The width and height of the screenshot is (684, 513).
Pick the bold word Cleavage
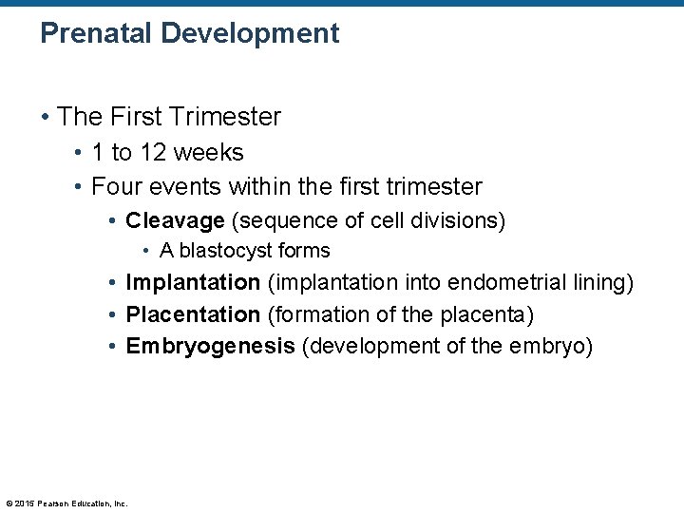point(175,221)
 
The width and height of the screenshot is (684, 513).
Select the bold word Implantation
point(193,282)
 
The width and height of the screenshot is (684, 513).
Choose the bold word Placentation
point(193,313)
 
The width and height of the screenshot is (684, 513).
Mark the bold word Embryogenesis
point(211,346)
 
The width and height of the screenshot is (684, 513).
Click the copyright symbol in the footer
point(9,503)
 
